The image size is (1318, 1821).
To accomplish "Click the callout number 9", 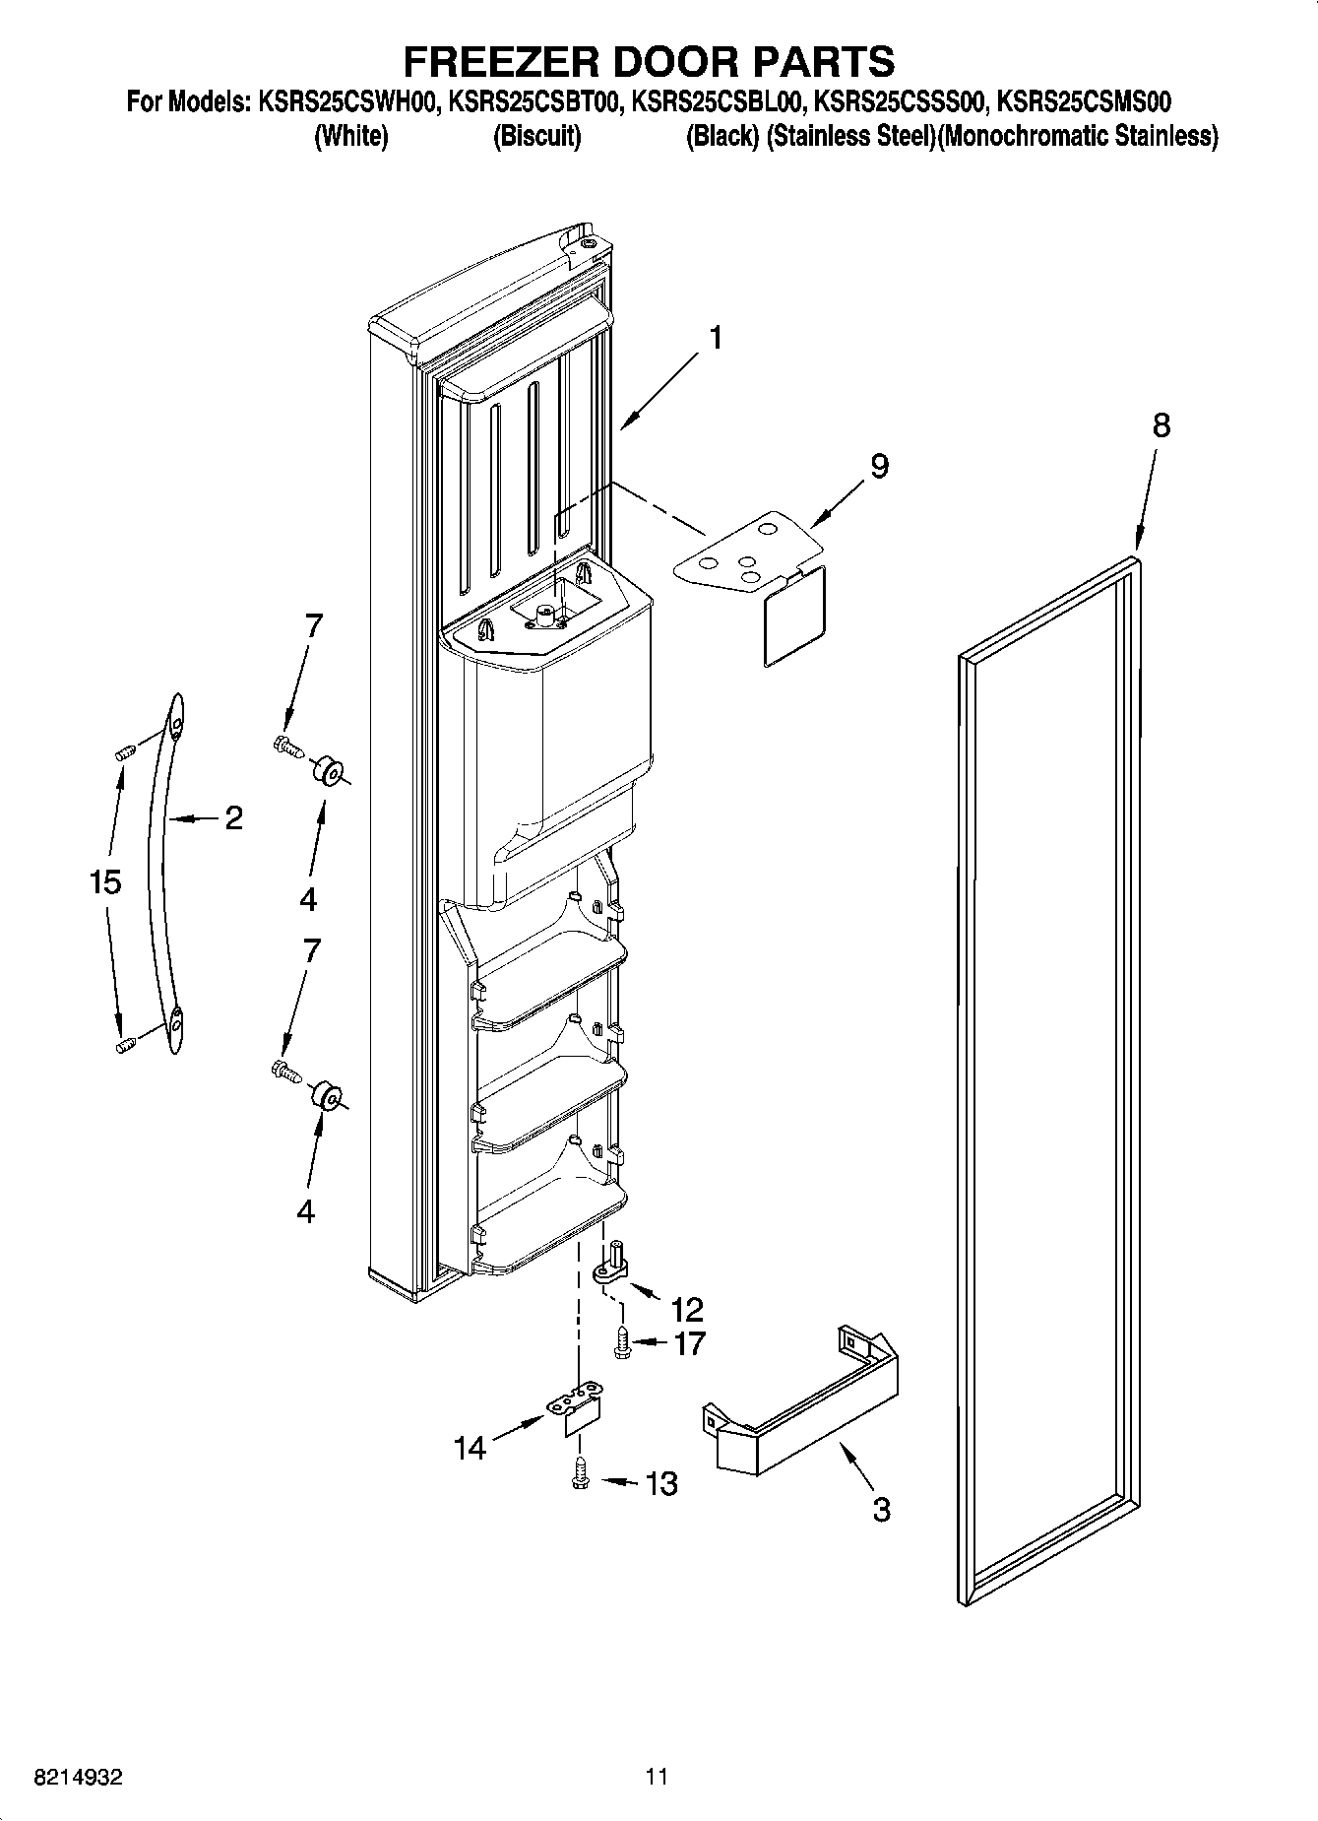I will [878, 465].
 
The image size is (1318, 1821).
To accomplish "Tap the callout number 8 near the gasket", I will [1161, 425].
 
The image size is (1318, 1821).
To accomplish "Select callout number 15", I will [105, 882].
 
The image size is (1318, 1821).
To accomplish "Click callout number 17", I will [689, 1342].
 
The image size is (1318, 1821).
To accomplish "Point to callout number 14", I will [471, 1448].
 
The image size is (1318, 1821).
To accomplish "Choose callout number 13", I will [661, 1483].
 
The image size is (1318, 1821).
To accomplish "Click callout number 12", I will [687, 1309].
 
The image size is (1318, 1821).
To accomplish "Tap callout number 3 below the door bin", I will [881, 1508].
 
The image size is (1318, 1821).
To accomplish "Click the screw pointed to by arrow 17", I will [621, 1343].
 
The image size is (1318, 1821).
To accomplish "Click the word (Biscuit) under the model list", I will [536, 136].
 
